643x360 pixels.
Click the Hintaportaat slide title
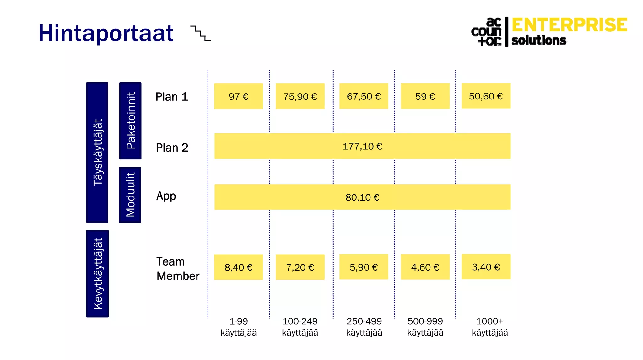[x=106, y=33]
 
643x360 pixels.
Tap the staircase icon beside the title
[x=201, y=34]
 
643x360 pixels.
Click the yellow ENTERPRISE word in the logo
[x=569, y=25]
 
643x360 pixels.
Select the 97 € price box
[x=238, y=96]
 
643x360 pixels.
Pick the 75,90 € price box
[x=300, y=96]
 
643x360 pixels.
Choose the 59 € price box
[x=425, y=96]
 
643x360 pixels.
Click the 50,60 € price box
[x=486, y=96]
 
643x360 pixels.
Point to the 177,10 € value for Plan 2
[x=362, y=146]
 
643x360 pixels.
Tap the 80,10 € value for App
[x=362, y=197]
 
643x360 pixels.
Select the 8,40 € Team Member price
[x=238, y=267]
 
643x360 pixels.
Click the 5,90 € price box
[x=364, y=267]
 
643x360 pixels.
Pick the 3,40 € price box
[x=486, y=267]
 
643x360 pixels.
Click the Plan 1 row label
[x=172, y=97]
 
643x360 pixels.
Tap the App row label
[x=166, y=196]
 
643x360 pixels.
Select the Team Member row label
[x=178, y=269]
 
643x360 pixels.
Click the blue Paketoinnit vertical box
[x=130, y=121]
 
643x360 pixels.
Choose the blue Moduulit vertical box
[x=130, y=195]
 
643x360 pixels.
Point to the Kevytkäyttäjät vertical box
[x=97, y=274]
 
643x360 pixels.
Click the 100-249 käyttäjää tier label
[x=300, y=327]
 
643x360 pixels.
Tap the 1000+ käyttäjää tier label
[x=489, y=327]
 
